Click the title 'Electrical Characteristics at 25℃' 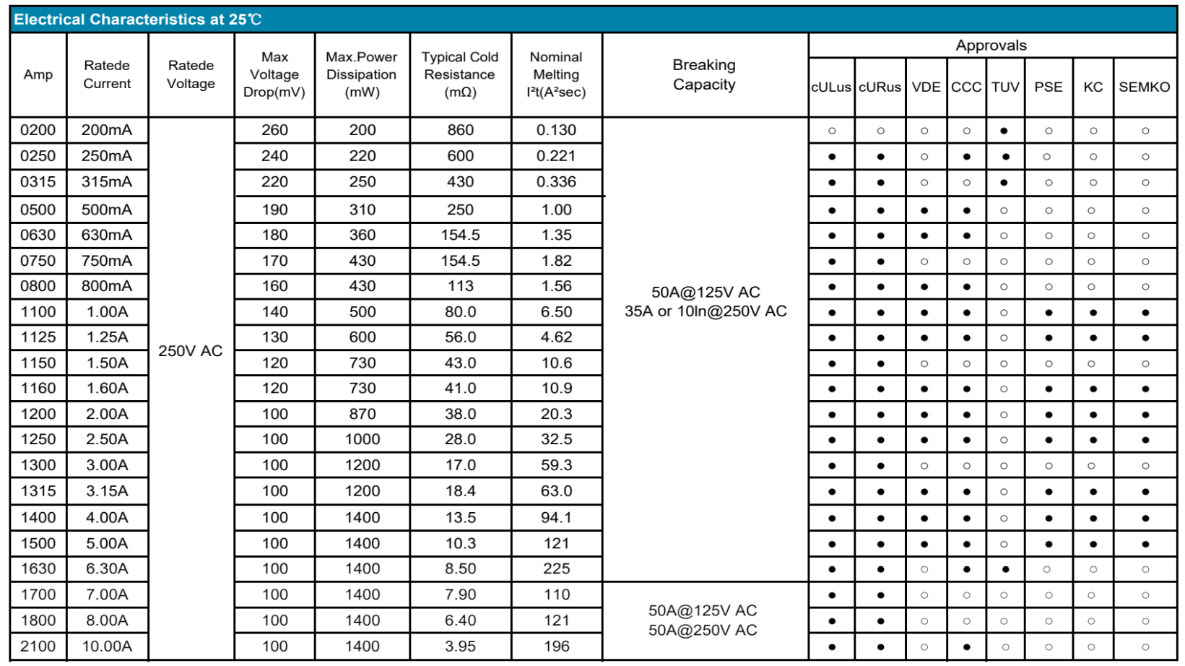point(137,20)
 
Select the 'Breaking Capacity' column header point(704,75)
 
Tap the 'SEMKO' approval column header point(1144,87)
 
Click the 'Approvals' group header point(991,46)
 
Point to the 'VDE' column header point(926,87)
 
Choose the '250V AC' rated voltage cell point(191,351)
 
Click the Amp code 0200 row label point(38,130)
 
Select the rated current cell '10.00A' point(107,646)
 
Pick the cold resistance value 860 point(460,130)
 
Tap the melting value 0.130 point(556,130)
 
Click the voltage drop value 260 point(274,130)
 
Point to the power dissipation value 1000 point(362,439)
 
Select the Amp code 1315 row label point(38,491)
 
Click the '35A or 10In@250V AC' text point(706,311)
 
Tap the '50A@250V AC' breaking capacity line point(703,630)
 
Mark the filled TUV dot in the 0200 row point(1004,131)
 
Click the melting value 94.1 point(556,517)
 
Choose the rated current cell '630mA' point(107,235)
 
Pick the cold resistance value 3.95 point(460,646)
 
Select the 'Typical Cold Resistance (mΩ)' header point(460,74)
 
